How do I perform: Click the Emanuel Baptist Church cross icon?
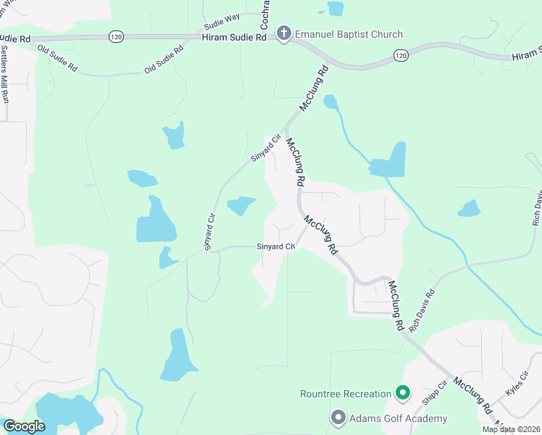tap(283, 34)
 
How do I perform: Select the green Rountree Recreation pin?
tap(404, 394)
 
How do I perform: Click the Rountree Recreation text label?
tap(346, 394)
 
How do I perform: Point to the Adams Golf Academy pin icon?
tap(338, 418)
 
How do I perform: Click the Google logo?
tap(24, 426)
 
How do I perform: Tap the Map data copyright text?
tap(511, 429)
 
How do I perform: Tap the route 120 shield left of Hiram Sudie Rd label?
tap(116, 36)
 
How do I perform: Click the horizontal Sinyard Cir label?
tap(276, 247)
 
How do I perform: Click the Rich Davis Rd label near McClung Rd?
tap(422, 311)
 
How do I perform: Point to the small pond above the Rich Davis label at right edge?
tap(470, 209)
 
